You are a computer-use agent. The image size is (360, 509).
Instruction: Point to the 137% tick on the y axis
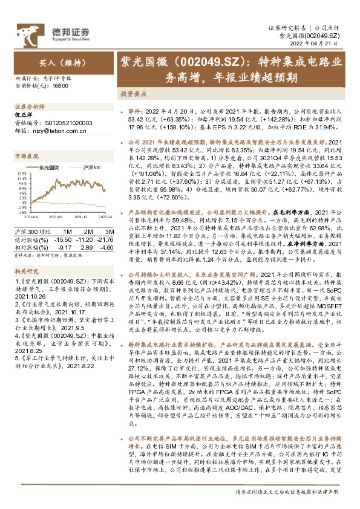coord(20,172)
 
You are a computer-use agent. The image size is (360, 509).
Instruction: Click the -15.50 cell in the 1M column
coord(64,240)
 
